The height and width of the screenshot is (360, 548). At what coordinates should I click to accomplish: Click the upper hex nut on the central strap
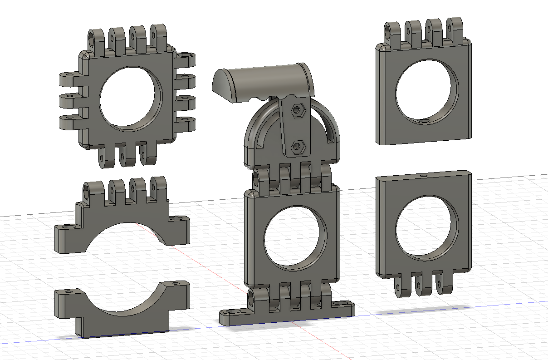tap(298, 109)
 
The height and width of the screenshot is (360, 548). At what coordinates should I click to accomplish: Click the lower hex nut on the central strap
tap(298, 146)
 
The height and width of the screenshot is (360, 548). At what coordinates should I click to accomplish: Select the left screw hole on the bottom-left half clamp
tap(69, 291)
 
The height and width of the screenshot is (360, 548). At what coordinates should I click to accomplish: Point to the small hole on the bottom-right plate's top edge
tap(423, 174)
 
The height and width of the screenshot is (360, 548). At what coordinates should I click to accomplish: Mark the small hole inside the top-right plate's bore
tap(425, 122)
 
